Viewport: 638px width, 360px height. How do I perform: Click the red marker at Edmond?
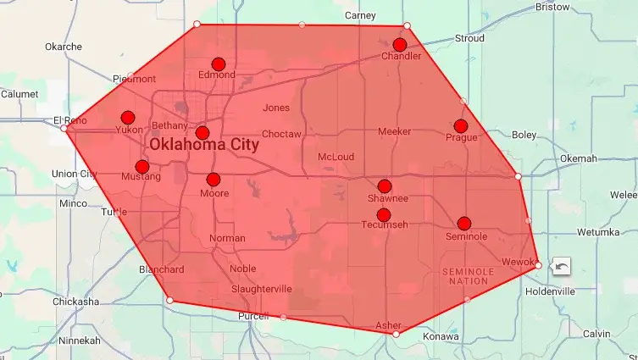point(218,64)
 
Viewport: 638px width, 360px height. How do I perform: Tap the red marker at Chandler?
point(400,44)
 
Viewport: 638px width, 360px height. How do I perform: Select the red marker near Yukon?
point(128,118)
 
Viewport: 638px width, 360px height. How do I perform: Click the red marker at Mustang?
point(142,167)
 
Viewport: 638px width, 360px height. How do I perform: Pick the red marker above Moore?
point(214,180)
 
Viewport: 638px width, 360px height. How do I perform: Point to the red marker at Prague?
point(460,126)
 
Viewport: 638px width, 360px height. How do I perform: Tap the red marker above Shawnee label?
point(385,186)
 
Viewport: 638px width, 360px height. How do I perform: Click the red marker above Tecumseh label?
point(383,214)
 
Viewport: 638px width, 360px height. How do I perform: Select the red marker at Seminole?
point(464,224)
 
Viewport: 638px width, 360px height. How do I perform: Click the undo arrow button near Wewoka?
point(560,267)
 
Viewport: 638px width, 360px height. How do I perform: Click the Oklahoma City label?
point(203,145)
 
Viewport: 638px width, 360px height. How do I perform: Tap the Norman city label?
point(226,238)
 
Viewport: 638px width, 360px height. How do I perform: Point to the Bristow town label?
point(553,7)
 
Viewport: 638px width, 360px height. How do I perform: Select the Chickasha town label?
point(75,302)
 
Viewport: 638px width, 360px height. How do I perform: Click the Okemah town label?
point(578,158)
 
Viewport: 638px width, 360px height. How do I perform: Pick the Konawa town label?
point(441,336)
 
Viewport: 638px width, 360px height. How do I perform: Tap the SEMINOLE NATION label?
point(468,275)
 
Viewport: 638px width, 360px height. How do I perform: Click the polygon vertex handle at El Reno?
point(64,128)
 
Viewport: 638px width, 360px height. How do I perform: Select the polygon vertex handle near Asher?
point(396,334)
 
